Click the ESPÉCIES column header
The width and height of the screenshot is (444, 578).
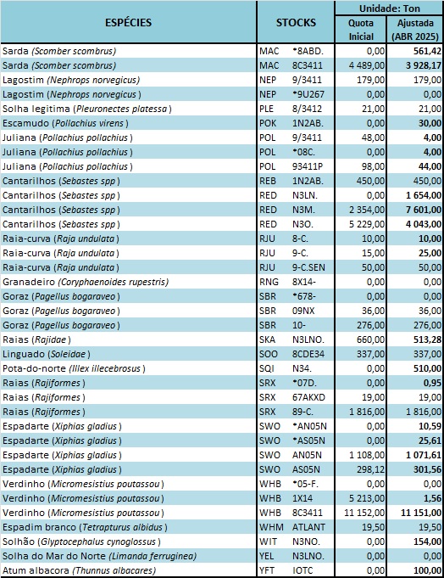click(128, 22)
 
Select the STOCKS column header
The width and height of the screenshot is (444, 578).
click(296, 22)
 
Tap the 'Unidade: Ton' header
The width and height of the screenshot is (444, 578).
click(389, 8)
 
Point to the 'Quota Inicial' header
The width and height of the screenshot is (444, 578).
click(361, 30)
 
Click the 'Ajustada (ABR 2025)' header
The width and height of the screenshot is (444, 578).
click(415, 30)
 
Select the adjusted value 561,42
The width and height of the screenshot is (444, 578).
click(427, 51)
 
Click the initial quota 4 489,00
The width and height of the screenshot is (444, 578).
click(366, 65)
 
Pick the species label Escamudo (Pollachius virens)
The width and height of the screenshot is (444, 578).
click(65, 123)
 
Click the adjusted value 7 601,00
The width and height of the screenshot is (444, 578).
click(424, 210)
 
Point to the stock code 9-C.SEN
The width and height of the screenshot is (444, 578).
click(308, 267)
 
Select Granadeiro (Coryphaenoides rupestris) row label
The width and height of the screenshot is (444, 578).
click(86, 282)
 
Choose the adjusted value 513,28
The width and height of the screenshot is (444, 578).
click(427, 340)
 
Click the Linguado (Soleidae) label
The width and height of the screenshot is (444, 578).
click(47, 354)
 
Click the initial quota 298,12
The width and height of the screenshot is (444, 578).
click(371, 469)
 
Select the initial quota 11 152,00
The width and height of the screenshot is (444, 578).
click(364, 513)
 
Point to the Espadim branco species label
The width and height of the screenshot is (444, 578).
click(85, 527)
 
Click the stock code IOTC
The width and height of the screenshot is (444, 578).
click(302, 570)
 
